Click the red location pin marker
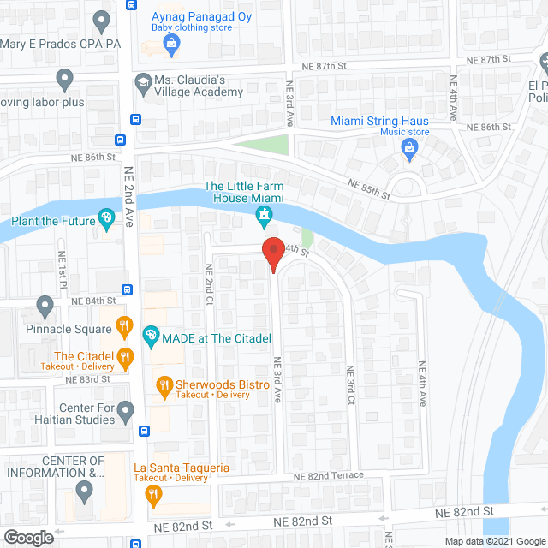tap(272, 252)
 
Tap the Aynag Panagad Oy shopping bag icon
tap(172, 43)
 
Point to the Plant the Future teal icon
tap(106, 220)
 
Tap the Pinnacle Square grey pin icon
tap(45, 306)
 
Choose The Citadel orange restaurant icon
tap(125, 357)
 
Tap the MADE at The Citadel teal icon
tap(150, 336)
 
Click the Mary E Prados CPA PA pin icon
tap(102, 19)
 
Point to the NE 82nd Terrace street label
tap(328, 476)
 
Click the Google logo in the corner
tap(28, 537)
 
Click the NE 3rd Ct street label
tap(350, 386)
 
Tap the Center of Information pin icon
tap(84, 491)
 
